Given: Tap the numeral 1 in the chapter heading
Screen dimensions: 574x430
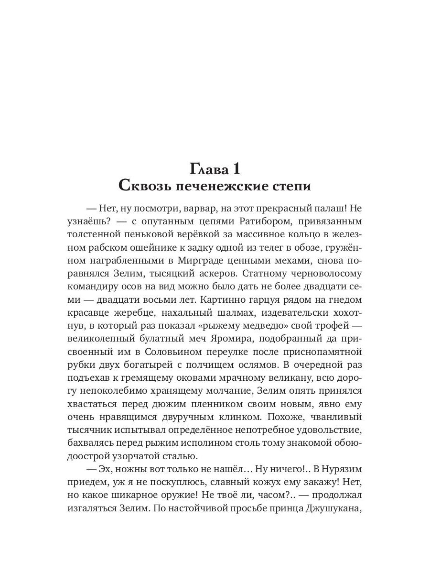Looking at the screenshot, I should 239,169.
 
